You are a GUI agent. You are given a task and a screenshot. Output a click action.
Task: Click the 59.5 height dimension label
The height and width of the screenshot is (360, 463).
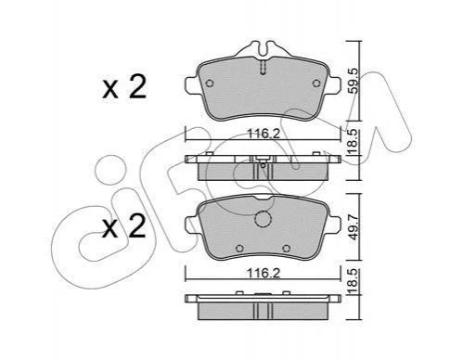coord(354,82)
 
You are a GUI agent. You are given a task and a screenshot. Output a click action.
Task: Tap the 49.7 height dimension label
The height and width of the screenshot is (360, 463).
coord(354,226)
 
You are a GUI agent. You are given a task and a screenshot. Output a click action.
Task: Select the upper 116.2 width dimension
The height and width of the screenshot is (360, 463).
coord(264,134)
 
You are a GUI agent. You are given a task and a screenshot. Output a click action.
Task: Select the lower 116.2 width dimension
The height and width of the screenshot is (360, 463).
coord(264,273)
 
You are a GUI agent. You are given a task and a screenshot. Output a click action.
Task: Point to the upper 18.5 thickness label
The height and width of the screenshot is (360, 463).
coord(353,142)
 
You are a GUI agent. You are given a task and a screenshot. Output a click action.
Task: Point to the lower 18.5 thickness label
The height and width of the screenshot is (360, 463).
coord(353,281)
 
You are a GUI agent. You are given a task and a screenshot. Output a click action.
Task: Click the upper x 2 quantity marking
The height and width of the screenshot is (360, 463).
coord(124,87)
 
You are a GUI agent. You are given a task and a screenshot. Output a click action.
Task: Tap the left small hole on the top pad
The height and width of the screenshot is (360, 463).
coord(210,84)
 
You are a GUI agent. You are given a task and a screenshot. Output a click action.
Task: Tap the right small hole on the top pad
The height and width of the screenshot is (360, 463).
coord(316,84)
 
